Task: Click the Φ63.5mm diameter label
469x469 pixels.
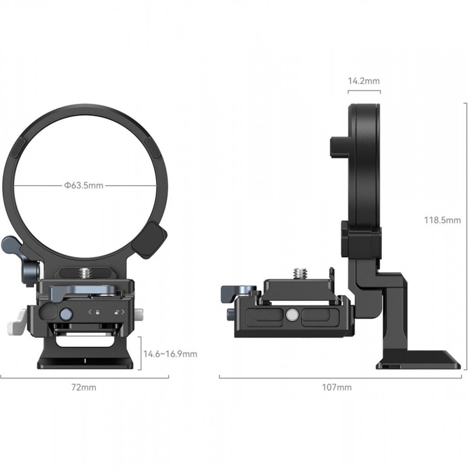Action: [x=83, y=185]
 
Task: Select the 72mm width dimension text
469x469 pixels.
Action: [x=84, y=387]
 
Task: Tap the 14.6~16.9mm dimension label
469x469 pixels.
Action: [x=170, y=354]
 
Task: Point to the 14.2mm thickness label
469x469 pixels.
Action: [x=364, y=81]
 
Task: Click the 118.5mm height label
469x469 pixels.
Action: [x=442, y=220]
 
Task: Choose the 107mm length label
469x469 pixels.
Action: [x=337, y=387]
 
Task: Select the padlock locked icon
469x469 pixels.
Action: [x=98, y=312]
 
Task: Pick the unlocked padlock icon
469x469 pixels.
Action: [x=117, y=312]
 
